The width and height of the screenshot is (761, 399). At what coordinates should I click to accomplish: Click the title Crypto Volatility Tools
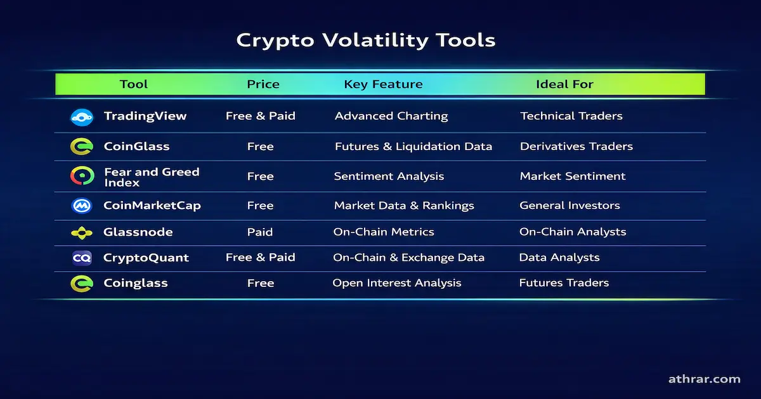click(x=365, y=41)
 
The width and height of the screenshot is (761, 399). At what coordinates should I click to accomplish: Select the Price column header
click(x=263, y=84)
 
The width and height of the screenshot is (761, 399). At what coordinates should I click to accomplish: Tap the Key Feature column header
click(x=383, y=84)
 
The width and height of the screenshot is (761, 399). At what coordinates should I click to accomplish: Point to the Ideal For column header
click(x=564, y=84)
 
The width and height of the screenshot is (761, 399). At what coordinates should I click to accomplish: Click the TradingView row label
click(x=145, y=116)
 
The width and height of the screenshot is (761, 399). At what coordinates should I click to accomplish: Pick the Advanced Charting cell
click(x=391, y=116)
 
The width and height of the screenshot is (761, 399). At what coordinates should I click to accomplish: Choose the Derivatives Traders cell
click(x=576, y=146)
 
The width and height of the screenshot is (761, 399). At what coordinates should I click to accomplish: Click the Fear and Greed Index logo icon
click(x=82, y=176)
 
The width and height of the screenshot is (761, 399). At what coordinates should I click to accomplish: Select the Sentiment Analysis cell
click(x=389, y=176)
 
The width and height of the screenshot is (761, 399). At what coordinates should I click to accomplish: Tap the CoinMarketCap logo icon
click(x=82, y=206)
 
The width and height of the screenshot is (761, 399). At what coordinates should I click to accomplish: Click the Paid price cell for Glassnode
click(x=260, y=232)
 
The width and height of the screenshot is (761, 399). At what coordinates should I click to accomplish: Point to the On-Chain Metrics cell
click(x=384, y=232)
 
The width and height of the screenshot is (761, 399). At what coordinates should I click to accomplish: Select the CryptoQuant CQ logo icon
click(x=82, y=258)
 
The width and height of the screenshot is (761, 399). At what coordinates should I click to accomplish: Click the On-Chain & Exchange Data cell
click(x=408, y=258)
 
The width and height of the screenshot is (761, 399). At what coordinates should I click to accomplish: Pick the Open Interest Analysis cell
click(x=396, y=283)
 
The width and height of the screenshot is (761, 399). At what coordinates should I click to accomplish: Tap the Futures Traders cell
click(x=564, y=283)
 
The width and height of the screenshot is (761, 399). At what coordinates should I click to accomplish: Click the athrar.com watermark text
click(x=704, y=379)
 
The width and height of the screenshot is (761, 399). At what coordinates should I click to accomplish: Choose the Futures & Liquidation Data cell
click(x=413, y=146)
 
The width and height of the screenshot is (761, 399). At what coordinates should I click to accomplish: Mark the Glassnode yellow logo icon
click(x=82, y=232)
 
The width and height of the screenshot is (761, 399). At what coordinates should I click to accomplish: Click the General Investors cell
click(x=569, y=206)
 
